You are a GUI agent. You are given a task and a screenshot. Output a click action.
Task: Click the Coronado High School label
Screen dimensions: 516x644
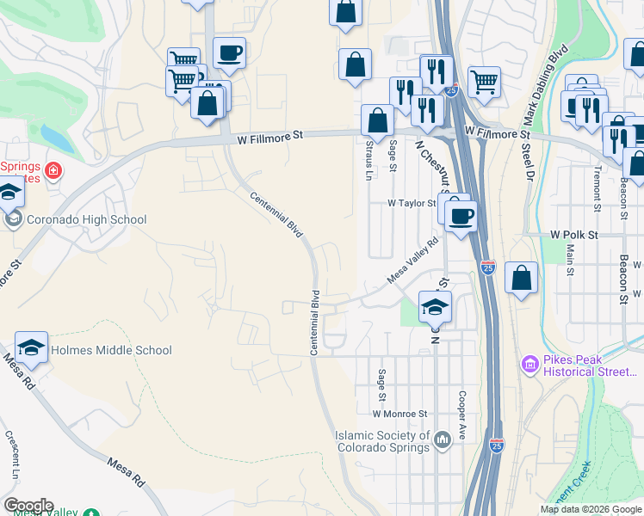(x=87, y=219)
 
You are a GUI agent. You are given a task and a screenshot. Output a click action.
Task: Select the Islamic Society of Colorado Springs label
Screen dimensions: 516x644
(x=382, y=441)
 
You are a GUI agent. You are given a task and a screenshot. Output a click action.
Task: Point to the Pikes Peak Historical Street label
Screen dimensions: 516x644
(x=590, y=365)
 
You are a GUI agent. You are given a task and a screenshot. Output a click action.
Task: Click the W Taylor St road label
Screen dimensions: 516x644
(x=412, y=204)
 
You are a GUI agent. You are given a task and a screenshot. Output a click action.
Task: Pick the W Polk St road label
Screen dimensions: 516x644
(x=574, y=234)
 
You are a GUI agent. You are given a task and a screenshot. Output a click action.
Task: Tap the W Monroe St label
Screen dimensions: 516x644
(x=398, y=414)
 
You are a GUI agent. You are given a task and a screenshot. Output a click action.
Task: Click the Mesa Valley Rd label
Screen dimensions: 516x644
(x=413, y=261)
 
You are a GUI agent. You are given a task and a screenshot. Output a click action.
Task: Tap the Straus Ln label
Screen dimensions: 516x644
(x=368, y=159)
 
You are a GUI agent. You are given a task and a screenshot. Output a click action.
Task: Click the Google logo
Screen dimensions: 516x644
(x=28, y=506)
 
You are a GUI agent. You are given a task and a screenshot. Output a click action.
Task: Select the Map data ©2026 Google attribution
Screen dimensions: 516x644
(x=591, y=509)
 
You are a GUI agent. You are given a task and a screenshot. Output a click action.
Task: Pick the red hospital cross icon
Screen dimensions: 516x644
(x=53, y=170)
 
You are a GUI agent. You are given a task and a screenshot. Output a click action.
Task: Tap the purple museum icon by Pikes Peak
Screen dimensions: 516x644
(x=529, y=365)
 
